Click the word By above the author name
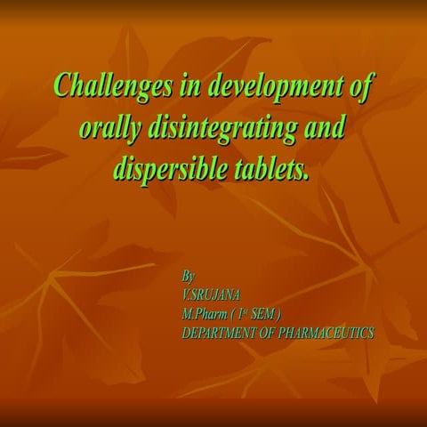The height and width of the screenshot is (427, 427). (188, 277)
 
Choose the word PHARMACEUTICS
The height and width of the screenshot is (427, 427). (329, 333)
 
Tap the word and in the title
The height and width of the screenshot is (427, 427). (324, 129)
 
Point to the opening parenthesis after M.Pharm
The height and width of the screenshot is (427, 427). (233, 313)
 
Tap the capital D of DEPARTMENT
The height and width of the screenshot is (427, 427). (186, 333)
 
